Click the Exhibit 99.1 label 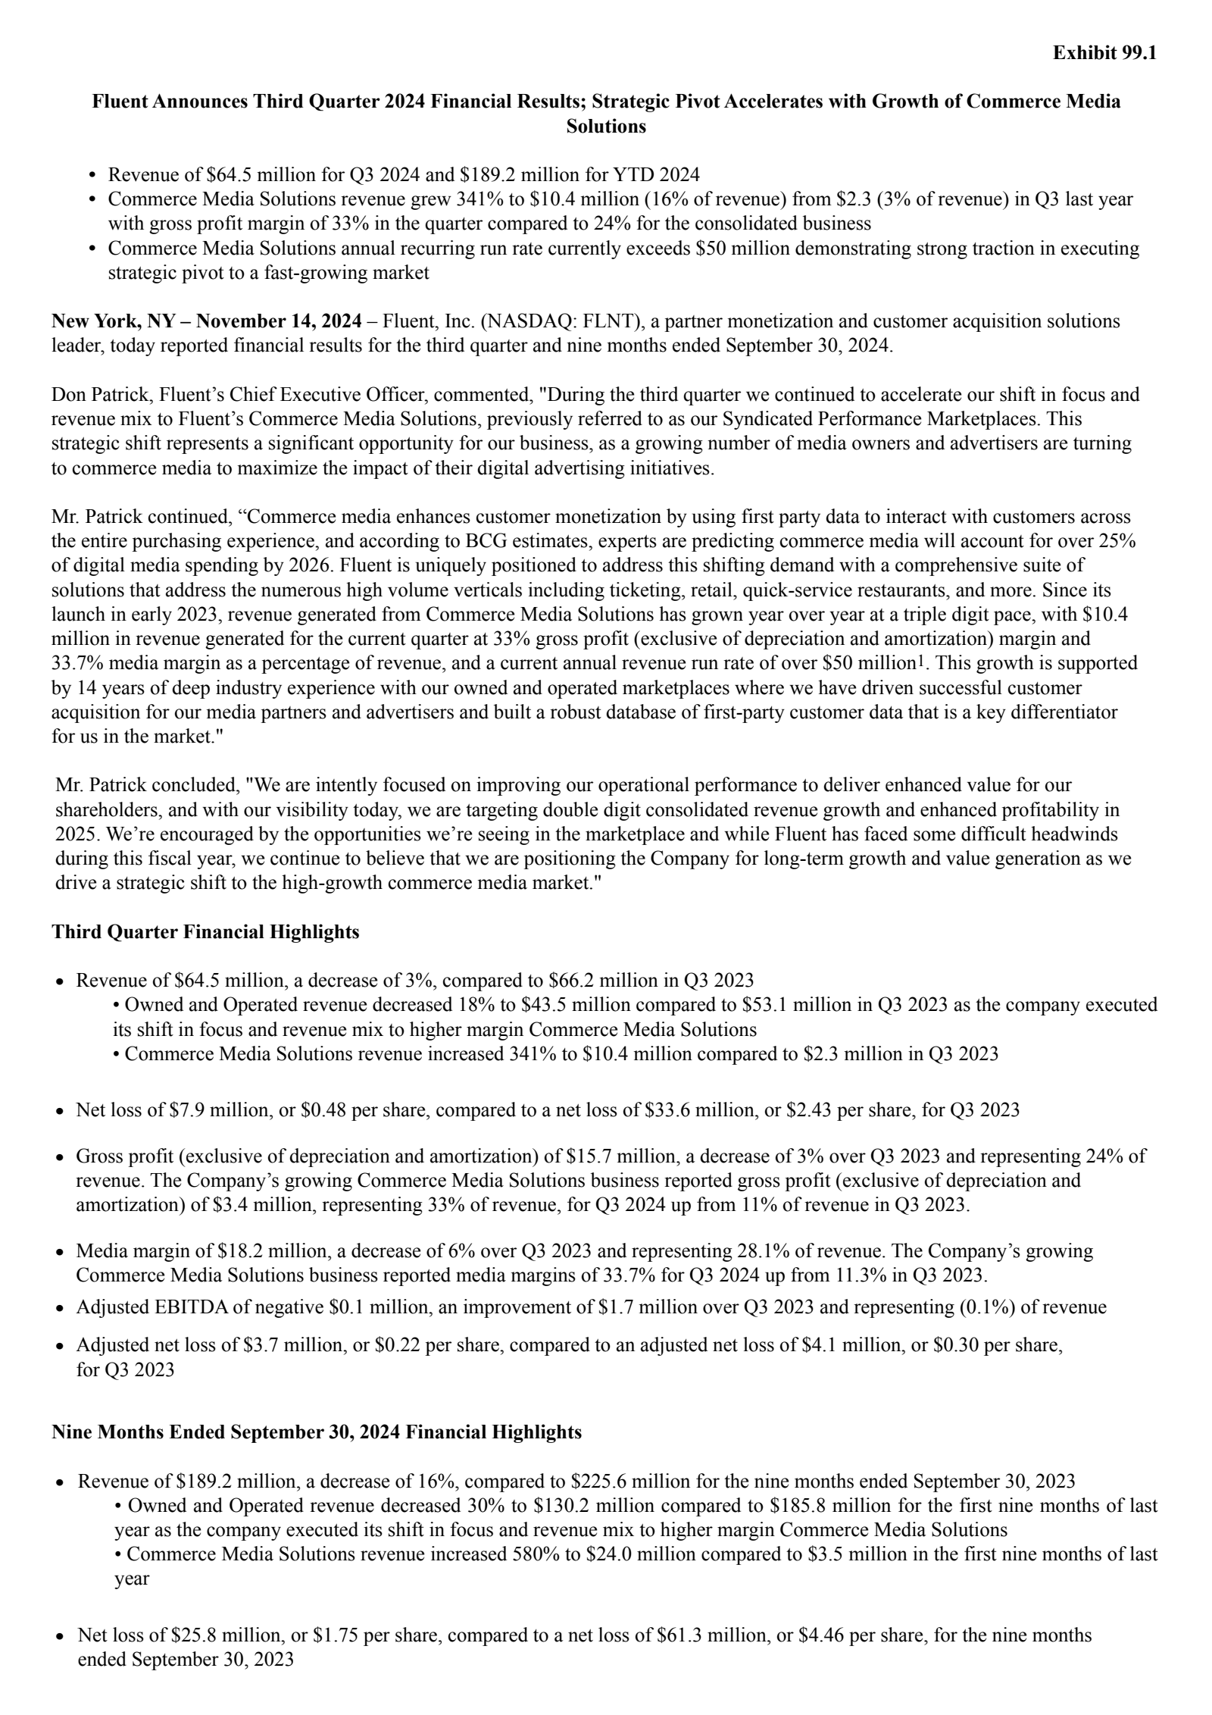(x=1104, y=53)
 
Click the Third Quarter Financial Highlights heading (x=205, y=931)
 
